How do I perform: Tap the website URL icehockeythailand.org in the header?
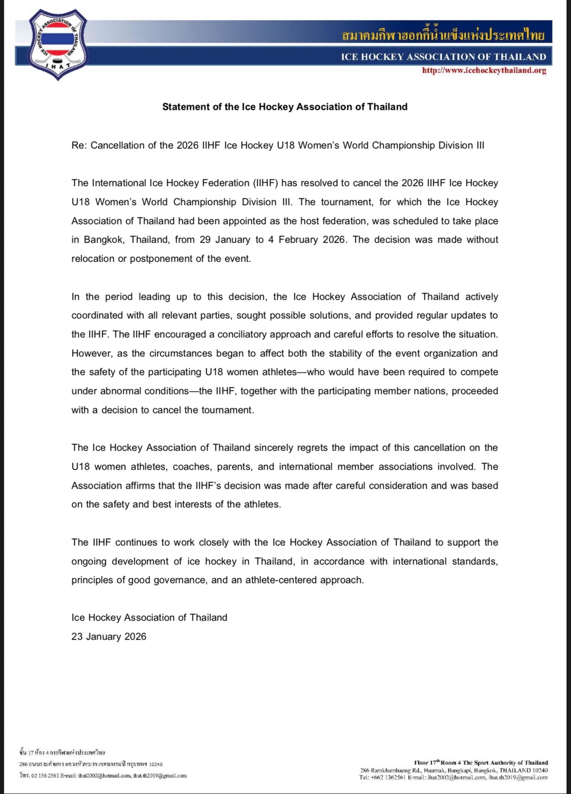pyautogui.click(x=484, y=71)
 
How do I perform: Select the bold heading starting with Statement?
pyautogui.click(x=285, y=107)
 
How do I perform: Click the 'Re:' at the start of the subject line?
pyautogui.click(x=78, y=145)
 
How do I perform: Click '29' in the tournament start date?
pyautogui.click(x=205, y=240)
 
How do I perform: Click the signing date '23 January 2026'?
pyautogui.click(x=109, y=637)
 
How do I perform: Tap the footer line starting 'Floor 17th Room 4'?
pyautogui.click(x=481, y=762)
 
